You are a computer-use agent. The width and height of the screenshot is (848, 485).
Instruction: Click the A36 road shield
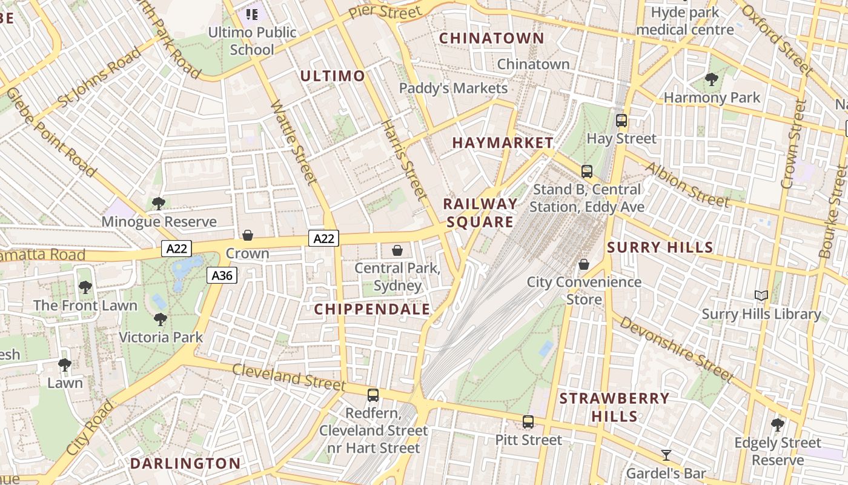tap(222, 276)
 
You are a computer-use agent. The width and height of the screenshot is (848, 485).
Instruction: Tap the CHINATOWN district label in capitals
tap(491, 38)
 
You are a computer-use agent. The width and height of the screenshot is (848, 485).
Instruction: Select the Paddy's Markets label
tap(453, 89)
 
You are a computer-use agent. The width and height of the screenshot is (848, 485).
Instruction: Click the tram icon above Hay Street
tap(621, 120)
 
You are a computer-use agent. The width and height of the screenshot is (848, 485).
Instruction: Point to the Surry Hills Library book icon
tap(761, 296)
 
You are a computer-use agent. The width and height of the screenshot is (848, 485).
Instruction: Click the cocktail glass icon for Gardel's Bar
tap(666, 455)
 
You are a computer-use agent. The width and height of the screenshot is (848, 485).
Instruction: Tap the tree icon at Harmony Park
tap(712, 79)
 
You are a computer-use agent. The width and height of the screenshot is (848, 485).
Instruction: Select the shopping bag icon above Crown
tap(248, 235)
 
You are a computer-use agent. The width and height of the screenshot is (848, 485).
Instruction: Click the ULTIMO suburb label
tap(333, 76)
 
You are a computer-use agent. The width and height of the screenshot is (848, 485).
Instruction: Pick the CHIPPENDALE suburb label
tap(372, 309)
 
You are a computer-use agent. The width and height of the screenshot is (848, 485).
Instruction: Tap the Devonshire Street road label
tap(676, 350)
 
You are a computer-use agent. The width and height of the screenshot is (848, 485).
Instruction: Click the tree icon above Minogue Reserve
tap(159, 203)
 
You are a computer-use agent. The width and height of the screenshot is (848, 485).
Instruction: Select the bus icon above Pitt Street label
tap(528, 421)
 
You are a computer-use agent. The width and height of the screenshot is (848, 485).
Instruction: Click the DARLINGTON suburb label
tap(185, 464)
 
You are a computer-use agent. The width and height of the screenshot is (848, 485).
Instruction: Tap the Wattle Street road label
tap(293, 142)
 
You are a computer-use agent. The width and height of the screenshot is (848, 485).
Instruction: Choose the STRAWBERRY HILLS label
tap(614, 407)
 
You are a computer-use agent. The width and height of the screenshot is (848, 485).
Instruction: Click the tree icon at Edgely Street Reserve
tap(778, 424)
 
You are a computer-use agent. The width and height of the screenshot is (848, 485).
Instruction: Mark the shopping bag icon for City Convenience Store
tap(584, 264)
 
